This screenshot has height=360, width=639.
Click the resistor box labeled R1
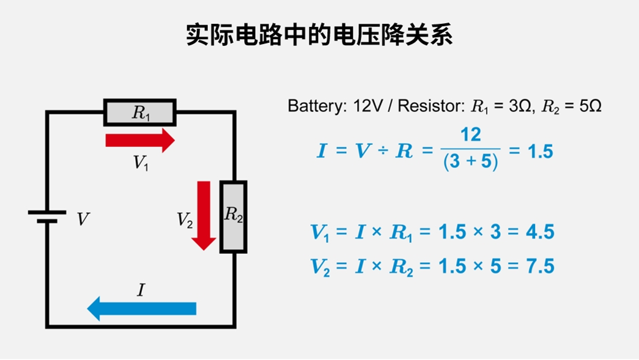[x=140, y=112]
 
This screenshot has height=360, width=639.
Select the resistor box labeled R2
[x=233, y=216]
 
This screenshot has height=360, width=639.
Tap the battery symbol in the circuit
[x=46, y=216]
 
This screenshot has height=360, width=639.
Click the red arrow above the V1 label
[x=140, y=141]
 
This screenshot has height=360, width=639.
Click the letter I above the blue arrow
[x=141, y=290]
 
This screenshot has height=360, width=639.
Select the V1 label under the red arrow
[x=141, y=163]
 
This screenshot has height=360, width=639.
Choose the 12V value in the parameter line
[x=368, y=106]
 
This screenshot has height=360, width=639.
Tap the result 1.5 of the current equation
[x=539, y=151]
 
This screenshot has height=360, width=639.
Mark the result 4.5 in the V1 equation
[x=539, y=233]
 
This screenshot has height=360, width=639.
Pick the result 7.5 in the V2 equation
[x=539, y=266]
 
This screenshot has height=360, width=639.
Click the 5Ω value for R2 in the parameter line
[x=589, y=106]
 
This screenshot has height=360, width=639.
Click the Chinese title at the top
[x=319, y=35]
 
